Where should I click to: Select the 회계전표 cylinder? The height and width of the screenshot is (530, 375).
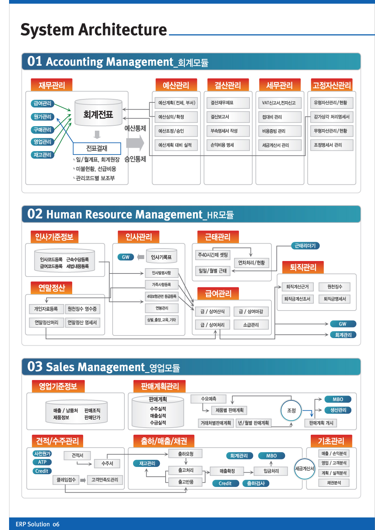(x=98, y=113)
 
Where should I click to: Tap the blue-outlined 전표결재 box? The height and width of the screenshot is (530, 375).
(x=97, y=148)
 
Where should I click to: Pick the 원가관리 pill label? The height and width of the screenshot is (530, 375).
(x=42, y=117)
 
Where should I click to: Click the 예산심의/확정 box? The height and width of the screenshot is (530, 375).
(x=176, y=117)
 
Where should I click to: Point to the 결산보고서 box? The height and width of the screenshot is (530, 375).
(x=228, y=117)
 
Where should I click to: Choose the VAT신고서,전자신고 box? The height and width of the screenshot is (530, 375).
(x=280, y=103)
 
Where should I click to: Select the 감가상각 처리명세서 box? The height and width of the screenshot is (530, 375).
(x=332, y=117)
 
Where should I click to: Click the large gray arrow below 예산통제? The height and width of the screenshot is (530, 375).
(x=135, y=143)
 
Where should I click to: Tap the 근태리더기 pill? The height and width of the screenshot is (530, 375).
(x=305, y=246)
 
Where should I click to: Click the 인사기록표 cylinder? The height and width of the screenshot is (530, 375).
(x=161, y=256)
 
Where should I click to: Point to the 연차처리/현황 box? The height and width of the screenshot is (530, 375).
(x=251, y=263)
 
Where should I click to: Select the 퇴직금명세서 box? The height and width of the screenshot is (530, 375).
(x=335, y=299)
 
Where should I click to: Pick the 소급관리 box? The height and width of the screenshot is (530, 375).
(x=251, y=325)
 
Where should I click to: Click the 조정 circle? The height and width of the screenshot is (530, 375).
(x=291, y=411)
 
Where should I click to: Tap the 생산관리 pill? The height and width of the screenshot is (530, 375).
(x=338, y=410)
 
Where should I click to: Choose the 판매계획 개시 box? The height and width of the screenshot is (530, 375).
(x=321, y=423)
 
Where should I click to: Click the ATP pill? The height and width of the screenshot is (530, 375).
(x=42, y=462)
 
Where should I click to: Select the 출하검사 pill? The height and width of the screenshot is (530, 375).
(x=256, y=483)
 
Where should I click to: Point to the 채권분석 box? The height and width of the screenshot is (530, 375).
(x=334, y=483)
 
